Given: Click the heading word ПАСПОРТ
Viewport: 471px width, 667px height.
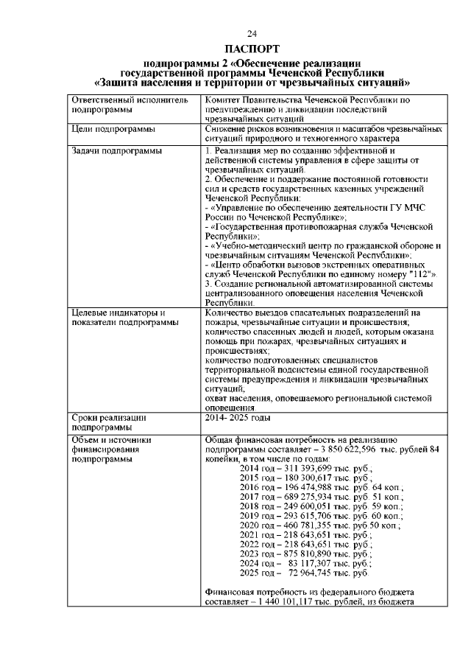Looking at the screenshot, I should click(x=252, y=49).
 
